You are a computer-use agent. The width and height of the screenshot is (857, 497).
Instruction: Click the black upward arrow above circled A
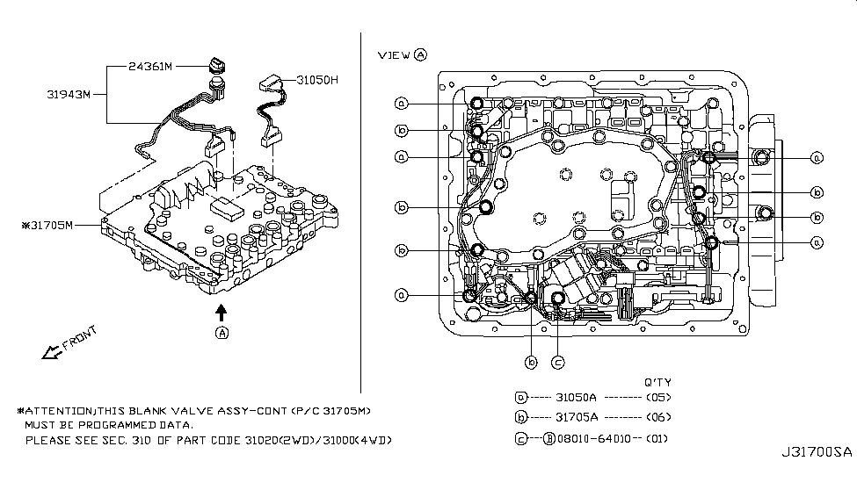[x=222, y=311]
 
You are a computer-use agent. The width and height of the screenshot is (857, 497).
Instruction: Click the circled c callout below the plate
[x=557, y=362]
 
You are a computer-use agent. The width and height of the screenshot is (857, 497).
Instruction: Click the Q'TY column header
[x=657, y=381]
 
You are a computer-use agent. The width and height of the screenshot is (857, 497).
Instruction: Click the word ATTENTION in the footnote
[x=60, y=411]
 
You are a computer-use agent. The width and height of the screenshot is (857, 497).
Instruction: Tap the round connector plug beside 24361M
[x=217, y=68]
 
